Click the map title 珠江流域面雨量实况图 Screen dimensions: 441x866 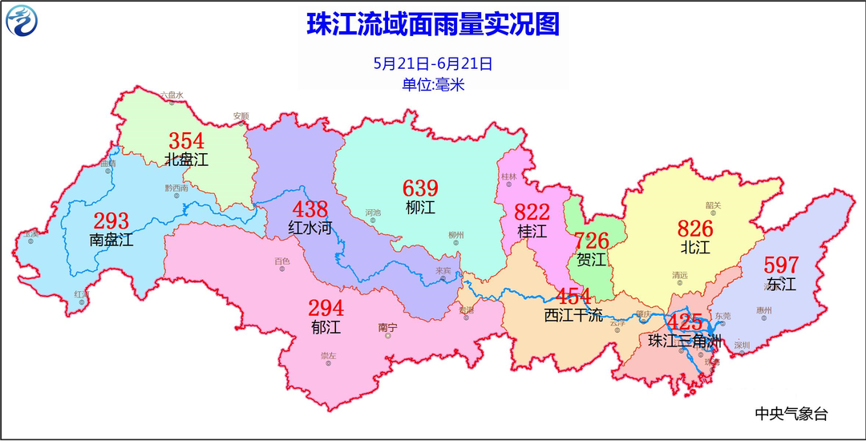pyautogui.click(x=433, y=24)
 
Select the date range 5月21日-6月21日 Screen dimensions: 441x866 pyautogui.click(x=433, y=63)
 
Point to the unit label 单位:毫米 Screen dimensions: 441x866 pyautogui.click(x=433, y=84)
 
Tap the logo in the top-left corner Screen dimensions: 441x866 pyautogui.click(x=23, y=21)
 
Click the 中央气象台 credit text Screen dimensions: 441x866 pyautogui.click(x=791, y=414)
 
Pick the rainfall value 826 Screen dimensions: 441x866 pyautogui.click(x=695, y=229)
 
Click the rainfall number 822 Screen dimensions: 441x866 pyautogui.click(x=532, y=212)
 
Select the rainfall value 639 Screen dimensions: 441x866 pyautogui.click(x=420, y=188)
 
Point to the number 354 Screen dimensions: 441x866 pyautogui.click(x=186, y=140)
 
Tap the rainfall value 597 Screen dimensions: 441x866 pyautogui.click(x=781, y=265)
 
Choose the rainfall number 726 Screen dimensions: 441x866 pyautogui.click(x=592, y=240)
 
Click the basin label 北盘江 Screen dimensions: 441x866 pyautogui.click(x=186, y=160)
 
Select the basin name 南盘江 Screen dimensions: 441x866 pyautogui.click(x=111, y=239)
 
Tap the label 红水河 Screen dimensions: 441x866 pyautogui.click(x=310, y=228)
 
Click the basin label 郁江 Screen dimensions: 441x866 pyautogui.click(x=326, y=326)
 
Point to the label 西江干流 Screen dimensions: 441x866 pyautogui.click(x=573, y=315)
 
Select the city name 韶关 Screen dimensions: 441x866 pyautogui.click(x=713, y=205)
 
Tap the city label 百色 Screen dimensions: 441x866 pyautogui.click(x=282, y=261)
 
